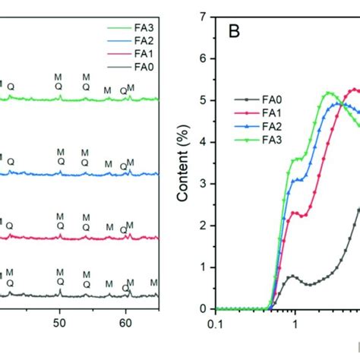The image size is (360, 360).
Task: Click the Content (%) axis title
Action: click(182, 163)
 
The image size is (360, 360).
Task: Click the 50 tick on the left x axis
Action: click(59, 322)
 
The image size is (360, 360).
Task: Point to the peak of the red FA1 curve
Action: click(354, 90)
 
